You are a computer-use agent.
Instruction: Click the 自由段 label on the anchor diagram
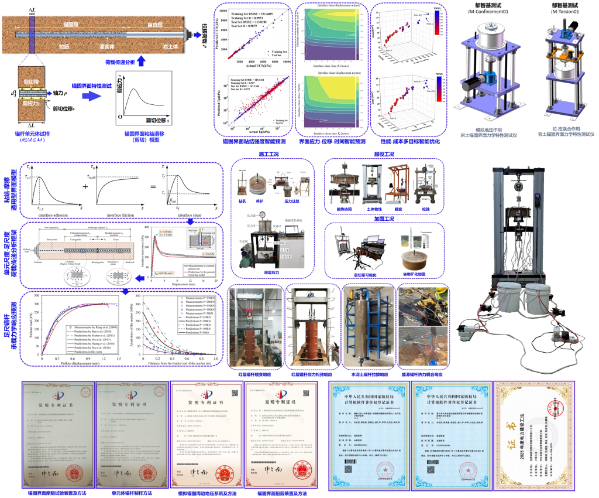pos(155,25)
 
